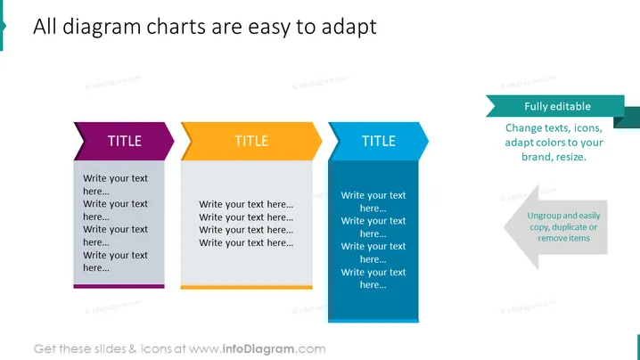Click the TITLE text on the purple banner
[x=125, y=141]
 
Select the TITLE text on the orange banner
[x=251, y=141]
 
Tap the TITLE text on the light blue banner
[x=379, y=141]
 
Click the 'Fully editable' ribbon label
[x=558, y=107]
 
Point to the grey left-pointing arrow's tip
[x=505, y=227]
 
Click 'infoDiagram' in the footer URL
[x=258, y=349]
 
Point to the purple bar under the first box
[x=119, y=287]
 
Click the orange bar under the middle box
[x=247, y=287]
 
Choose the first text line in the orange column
[x=246, y=204]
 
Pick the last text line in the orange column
[x=246, y=243]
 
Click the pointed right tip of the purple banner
[x=175, y=141]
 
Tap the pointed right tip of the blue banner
[x=429, y=141]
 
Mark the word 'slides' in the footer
[x=111, y=349]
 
